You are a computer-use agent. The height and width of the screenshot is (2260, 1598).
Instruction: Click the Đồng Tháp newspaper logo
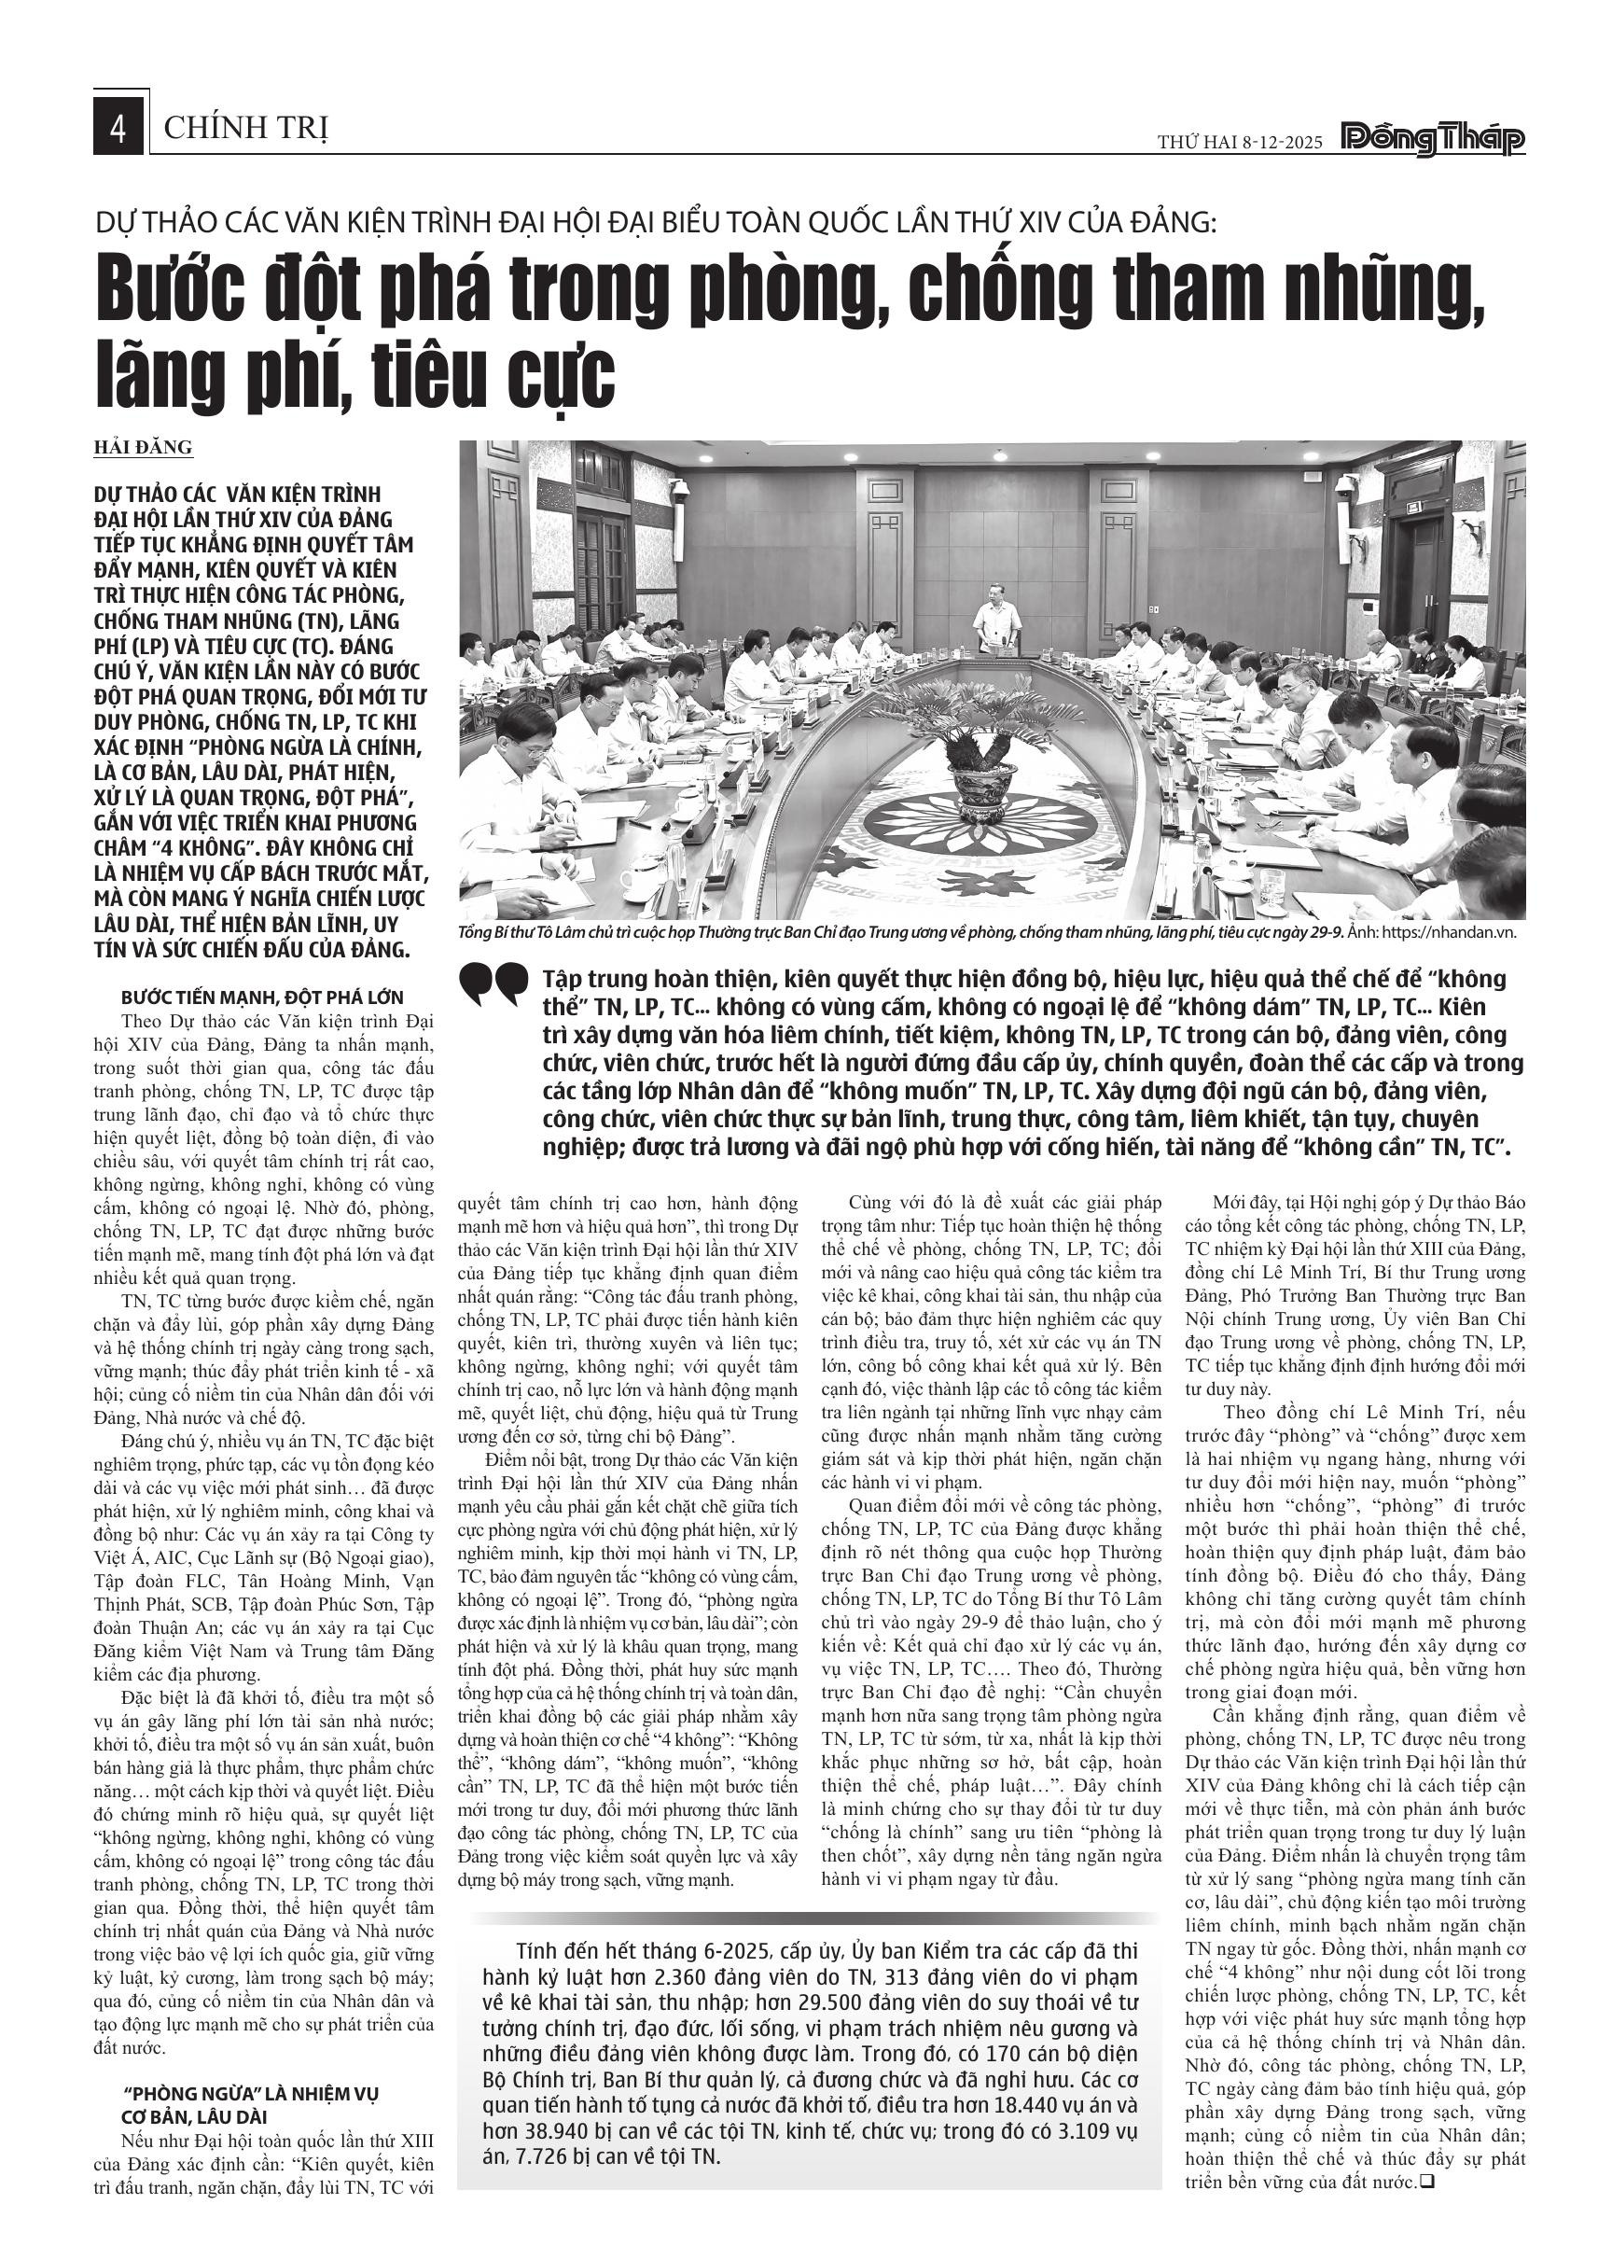1434,140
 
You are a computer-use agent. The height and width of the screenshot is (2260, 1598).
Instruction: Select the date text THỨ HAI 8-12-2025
1240,143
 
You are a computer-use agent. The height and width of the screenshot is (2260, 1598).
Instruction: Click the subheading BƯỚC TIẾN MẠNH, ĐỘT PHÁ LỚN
263,997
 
